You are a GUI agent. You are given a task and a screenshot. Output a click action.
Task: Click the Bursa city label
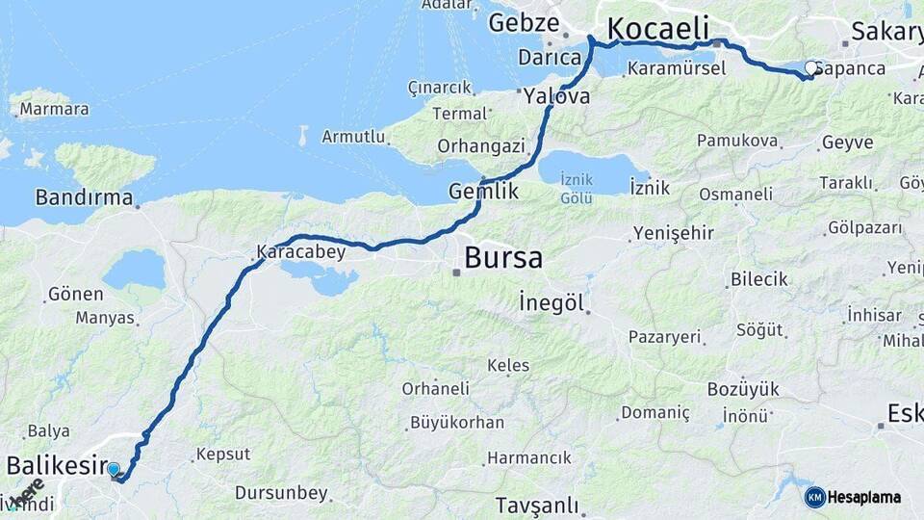click(x=503, y=258)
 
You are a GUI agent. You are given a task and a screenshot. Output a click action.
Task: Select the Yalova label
click(x=557, y=96)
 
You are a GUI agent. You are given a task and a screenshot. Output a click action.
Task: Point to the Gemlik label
click(x=483, y=192)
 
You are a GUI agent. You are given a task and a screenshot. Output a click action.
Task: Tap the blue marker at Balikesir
click(x=114, y=469)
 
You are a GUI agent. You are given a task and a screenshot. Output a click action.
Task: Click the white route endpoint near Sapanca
click(x=812, y=68)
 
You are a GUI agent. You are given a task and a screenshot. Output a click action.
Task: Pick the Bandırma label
click(x=84, y=197)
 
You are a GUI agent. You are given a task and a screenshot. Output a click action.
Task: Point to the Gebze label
click(x=524, y=24)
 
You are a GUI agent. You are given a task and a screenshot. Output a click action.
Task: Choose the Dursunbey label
click(x=281, y=493)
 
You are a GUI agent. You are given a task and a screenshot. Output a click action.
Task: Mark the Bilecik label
click(x=759, y=279)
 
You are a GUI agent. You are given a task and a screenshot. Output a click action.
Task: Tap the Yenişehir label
click(x=674, y=233)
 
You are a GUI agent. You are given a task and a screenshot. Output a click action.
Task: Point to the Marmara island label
click(x=54, y=109)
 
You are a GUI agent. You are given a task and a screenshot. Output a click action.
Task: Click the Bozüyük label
click(x=743, y=389)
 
